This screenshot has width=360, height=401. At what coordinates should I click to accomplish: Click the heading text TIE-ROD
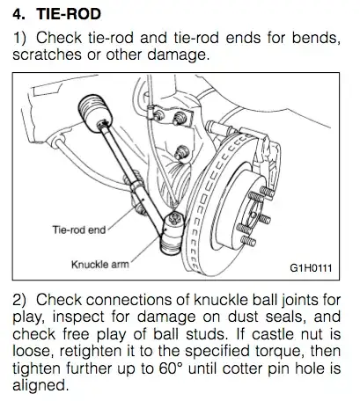[x=69, y=14]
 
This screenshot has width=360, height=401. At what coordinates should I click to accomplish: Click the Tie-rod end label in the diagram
[x=79, y=230]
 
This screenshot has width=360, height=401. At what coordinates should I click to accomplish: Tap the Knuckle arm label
[x=100, y=265]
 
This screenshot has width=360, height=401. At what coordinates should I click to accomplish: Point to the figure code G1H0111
[x=311, y=268]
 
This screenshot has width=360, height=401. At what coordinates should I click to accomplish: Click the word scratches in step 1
[x=47, y=55]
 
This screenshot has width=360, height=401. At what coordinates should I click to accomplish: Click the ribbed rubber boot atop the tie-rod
[x=95, y=113]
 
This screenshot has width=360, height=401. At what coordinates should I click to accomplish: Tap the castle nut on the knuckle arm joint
[x=174, y=219]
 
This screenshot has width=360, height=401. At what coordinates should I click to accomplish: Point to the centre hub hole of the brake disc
[x=253, y=215]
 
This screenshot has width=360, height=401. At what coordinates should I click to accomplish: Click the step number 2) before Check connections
[x=19, y=301]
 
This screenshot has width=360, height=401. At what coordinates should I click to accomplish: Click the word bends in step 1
[x=316, y=38]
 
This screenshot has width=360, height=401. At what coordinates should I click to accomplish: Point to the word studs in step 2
[x=209, y=334]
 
